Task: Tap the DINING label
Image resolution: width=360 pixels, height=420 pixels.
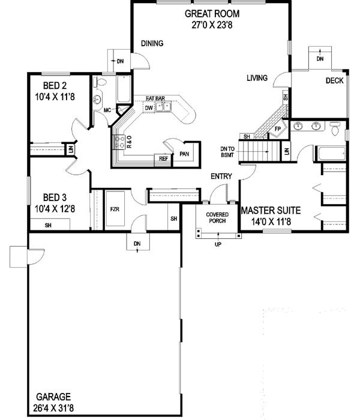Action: pos(152,43)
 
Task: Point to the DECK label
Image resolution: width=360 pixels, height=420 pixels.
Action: pos(335,81)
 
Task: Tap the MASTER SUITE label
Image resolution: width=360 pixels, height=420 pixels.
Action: pos(270,211)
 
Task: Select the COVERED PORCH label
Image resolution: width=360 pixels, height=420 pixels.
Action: pos(217,218)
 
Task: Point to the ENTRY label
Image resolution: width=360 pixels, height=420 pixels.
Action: pos(221,176)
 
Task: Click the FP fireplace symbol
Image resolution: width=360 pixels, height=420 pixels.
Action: pos(277,129)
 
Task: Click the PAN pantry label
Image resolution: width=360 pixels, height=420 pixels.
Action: pos(184,154)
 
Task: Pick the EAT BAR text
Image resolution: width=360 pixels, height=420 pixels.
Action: pos(155,98)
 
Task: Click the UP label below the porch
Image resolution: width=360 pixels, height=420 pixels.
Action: pos(217,245)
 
